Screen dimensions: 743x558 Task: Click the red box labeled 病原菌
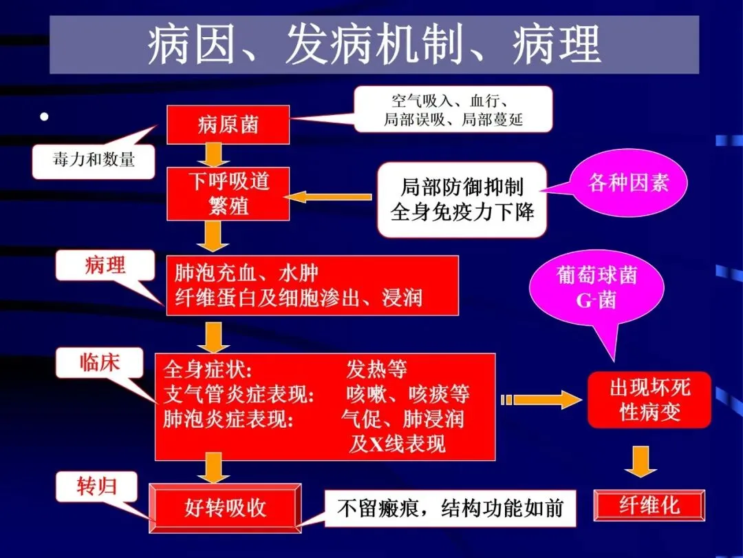tap(228, 125)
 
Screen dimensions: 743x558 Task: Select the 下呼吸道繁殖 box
tap(228, 194)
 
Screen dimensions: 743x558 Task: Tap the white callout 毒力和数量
tap(94, 161)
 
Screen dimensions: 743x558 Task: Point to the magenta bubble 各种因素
tap(627, 183)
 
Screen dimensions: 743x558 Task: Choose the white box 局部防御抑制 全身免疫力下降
tap(462, 199)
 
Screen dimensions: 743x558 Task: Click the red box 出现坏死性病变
tap(649, 400)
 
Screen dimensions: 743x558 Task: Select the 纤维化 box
tap(649, 506)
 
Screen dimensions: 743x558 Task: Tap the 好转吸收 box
tap(225, 508)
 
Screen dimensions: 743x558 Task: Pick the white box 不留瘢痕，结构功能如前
tap(450, 508)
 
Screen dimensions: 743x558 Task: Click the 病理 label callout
tap(105, 265)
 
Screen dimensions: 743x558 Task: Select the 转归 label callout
tap(96, 486)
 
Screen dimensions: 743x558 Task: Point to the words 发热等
tap(376, 369)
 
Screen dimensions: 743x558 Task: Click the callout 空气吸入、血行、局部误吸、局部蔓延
tap(453, 110)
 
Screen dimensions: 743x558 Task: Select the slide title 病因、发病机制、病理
tap(374, 45)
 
